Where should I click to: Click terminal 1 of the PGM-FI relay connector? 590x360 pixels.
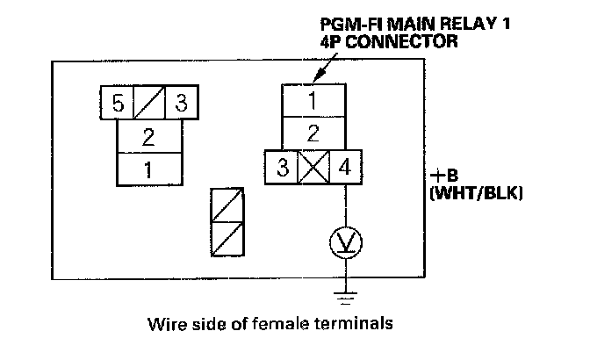point(312,101)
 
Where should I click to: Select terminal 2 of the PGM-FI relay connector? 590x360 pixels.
point(312,134)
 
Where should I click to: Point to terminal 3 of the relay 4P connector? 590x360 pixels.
point(281,167)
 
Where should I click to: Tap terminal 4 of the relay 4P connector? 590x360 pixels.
point(344,167)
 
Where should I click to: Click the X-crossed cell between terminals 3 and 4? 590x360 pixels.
point(313,167)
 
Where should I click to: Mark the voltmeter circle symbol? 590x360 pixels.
point(345,241)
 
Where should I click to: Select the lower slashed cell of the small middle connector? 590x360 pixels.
point(227,237)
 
